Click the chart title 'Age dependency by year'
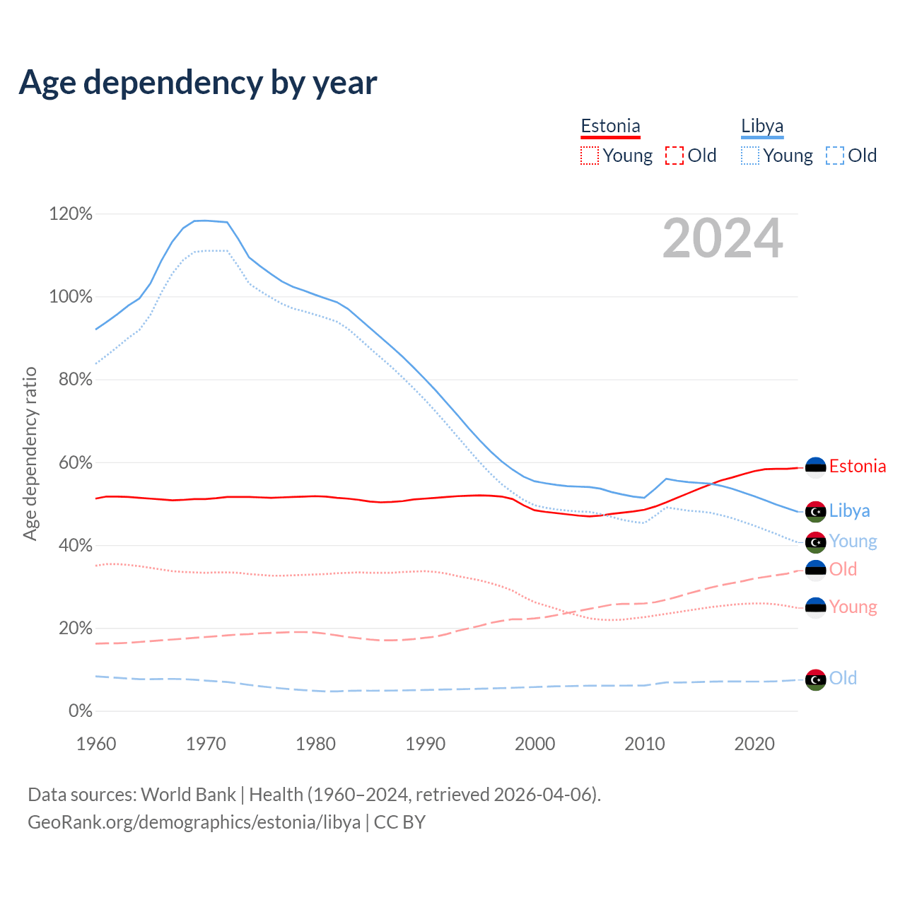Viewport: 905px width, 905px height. tap(198, 83)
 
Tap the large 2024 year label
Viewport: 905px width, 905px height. tap(723, 238)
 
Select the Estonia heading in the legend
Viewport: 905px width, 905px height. tap(610, 127)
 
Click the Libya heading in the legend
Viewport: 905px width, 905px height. tap(762, 127)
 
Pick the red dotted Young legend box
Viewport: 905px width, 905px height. tap(589, 156)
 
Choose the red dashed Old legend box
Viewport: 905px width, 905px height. tap(675, 156)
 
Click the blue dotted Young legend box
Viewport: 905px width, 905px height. tap(750, 156)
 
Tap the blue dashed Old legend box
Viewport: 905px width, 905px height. tap(835, 156)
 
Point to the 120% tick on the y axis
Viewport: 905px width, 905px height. tap(71, 214)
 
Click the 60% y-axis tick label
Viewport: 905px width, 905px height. tap(71, 462)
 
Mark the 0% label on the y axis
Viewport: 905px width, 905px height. tap(80, 711)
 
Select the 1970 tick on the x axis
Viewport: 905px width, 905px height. tap(206, 744)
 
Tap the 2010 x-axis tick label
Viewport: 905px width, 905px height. tap(645, 744)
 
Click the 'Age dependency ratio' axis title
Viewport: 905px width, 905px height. tap(30, 453)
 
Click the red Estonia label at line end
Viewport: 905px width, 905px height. tap(857, 467)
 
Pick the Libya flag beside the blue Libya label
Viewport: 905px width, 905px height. tap(816, 511)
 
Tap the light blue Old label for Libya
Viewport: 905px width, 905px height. tap(843, 679)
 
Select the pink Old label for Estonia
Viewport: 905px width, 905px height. tap(843, 569)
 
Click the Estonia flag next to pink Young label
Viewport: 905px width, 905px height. tap(816, 608)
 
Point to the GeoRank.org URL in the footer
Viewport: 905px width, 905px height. tap(194, 822)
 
